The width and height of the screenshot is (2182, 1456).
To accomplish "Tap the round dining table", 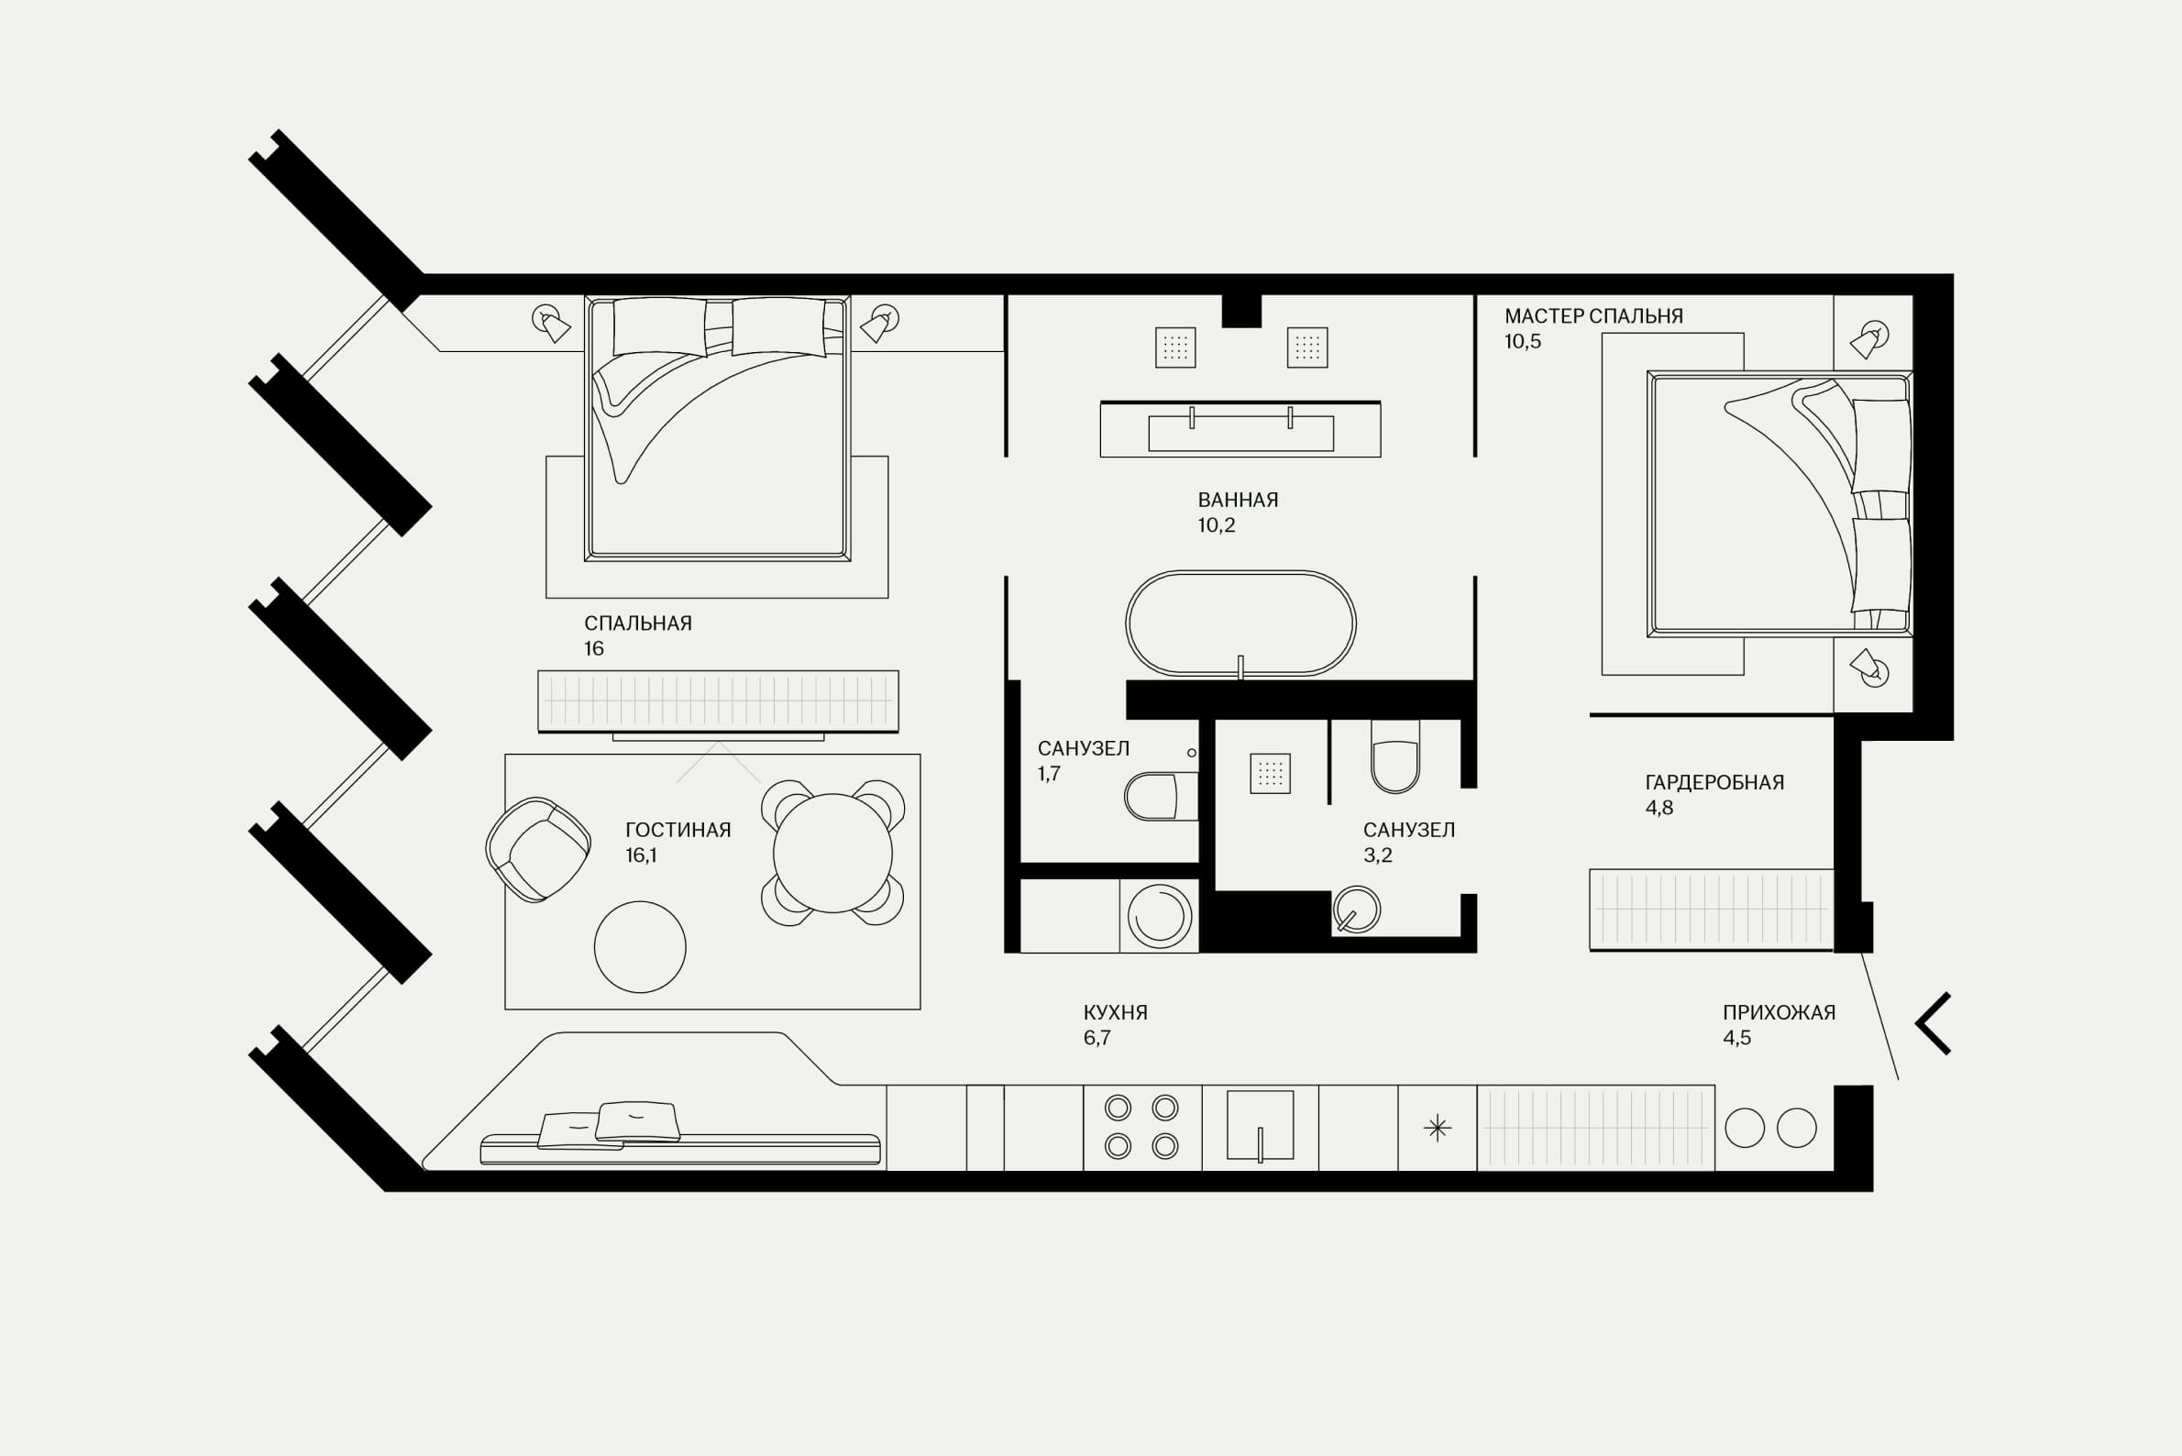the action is pos(832,854).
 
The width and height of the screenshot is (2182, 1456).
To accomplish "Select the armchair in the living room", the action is pos(537,850).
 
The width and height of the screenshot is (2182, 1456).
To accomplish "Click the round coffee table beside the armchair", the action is pos(640,947).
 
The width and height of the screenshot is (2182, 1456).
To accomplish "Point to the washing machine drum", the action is pos(1160,917).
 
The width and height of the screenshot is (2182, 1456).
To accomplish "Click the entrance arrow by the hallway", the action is pos(1934,1024).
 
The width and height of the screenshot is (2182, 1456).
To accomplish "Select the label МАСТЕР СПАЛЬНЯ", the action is pos(1593,315).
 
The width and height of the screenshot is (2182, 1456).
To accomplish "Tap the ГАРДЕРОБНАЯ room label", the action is pos(1714,783).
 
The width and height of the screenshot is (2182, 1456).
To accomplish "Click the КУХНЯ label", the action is pos(1115,1013).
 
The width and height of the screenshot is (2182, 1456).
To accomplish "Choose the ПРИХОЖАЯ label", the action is pos(1779,1013).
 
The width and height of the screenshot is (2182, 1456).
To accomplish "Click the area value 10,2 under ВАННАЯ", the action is pos(1217,525).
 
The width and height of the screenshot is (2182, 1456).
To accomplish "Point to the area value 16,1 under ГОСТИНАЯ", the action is pos(641,855).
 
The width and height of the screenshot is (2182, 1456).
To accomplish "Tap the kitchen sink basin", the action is pos(1260,1124).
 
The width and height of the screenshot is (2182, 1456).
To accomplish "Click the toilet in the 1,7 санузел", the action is pos(1161,797).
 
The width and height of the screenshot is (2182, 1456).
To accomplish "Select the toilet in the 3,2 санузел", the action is pos(1394,756).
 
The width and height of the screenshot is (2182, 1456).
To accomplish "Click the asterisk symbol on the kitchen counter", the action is pos(1438,1128).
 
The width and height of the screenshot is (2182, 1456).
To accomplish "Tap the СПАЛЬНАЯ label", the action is pos(638,624).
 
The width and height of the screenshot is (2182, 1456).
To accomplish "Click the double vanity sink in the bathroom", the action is pos(1240,430).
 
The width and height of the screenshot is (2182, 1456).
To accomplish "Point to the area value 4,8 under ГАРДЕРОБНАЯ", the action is pos(1659,808).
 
